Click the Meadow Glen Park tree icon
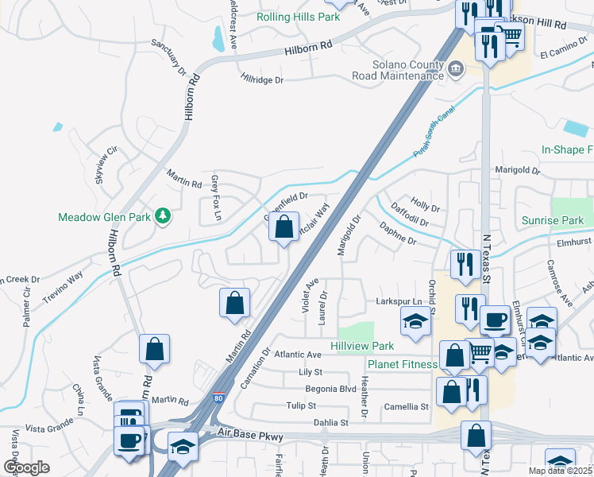click(163, 215)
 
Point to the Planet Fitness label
click(402, 365)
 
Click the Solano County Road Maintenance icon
click(456, 68)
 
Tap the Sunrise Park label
click(553, 220)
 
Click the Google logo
click(26, 467)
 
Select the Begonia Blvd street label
click(331, 390)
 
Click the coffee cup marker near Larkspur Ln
click(496, 320)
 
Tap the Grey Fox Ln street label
click(216, 198)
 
